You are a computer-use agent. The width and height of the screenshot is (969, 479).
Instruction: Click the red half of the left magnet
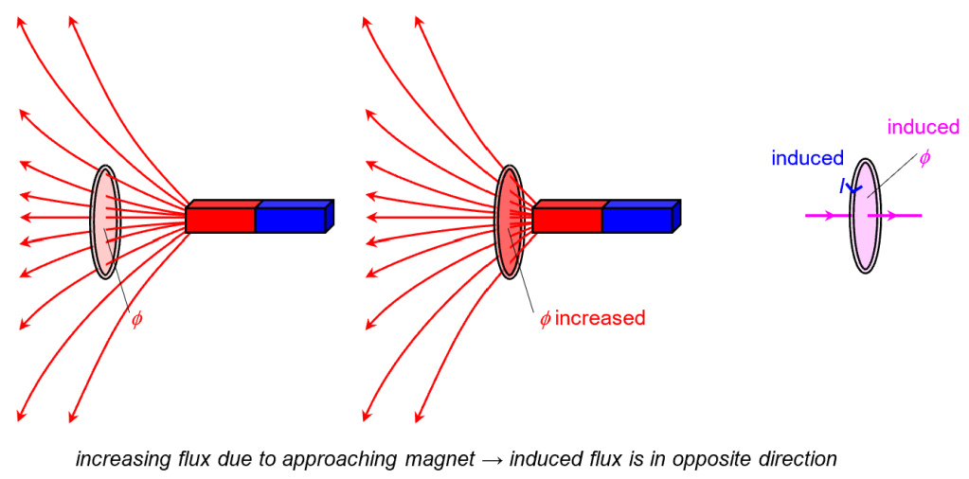[221, 220]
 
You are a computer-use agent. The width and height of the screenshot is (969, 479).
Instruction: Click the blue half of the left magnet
[291, 220]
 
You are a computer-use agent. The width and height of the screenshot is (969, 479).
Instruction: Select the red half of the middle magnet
[567, 220]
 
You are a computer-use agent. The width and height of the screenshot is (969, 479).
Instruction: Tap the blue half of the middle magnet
[637, 220]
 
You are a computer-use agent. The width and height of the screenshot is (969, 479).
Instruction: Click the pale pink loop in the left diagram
[105, 222]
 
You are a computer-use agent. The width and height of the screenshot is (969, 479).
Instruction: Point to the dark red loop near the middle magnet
[510, 222]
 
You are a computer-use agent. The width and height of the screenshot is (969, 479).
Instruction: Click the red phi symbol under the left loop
[136, 319]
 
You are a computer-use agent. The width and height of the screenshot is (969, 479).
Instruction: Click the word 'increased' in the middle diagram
[600, 318]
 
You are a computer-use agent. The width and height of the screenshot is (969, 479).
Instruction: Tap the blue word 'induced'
[807, 158]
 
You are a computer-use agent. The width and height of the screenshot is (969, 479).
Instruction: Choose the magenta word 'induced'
[923, 127]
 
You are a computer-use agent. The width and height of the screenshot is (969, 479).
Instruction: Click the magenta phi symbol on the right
[924, 158]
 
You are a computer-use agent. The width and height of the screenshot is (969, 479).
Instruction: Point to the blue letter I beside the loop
[842, 187]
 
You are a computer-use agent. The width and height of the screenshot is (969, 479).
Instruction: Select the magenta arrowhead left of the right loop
[830, 216]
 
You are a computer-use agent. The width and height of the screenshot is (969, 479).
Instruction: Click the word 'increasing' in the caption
[119, 460]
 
